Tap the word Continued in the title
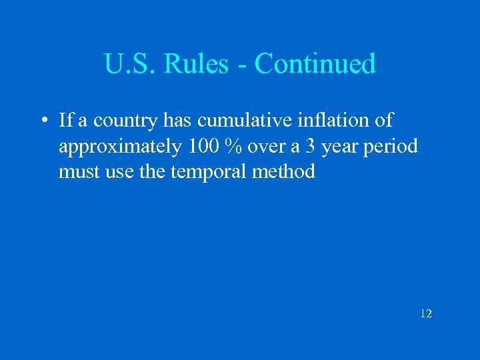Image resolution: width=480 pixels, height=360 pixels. tap(315, 64)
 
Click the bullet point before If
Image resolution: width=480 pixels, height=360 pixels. tap(42, 121)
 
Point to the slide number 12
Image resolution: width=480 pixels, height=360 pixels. tap(426, 313)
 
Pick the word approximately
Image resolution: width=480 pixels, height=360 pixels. tap(119, 147)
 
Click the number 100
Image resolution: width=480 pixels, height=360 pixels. tap(203, 147)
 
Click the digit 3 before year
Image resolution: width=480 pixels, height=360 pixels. tap(310, 147)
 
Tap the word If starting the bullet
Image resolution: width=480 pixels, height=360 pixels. tap(66, 121)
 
